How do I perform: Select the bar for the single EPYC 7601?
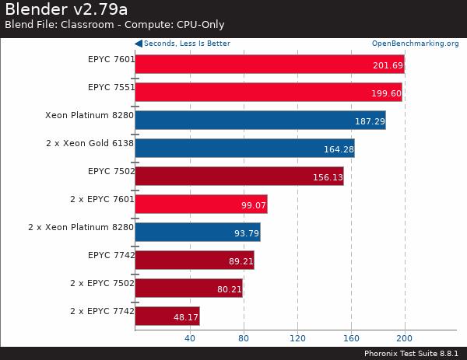tap(269, 65)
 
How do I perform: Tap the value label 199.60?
tap(387, 93)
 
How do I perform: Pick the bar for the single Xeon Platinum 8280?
tap(260, 121)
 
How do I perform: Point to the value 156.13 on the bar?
tap(327, 177)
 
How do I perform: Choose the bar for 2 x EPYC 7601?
tap(201, 204)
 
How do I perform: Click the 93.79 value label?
tap(244, 233)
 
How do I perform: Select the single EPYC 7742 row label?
tap(111, 255)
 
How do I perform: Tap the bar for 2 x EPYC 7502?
tap(188, 288)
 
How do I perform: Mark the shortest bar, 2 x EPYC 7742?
tap(167, 316)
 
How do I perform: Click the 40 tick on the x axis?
tap(189, 338)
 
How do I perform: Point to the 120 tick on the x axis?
tap(297, 338)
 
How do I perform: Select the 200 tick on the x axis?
tap(405, 338)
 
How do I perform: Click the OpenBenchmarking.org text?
tap(415, 44)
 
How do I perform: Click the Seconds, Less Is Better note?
tap(186, 44)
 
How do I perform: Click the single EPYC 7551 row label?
tap(111, 87)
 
